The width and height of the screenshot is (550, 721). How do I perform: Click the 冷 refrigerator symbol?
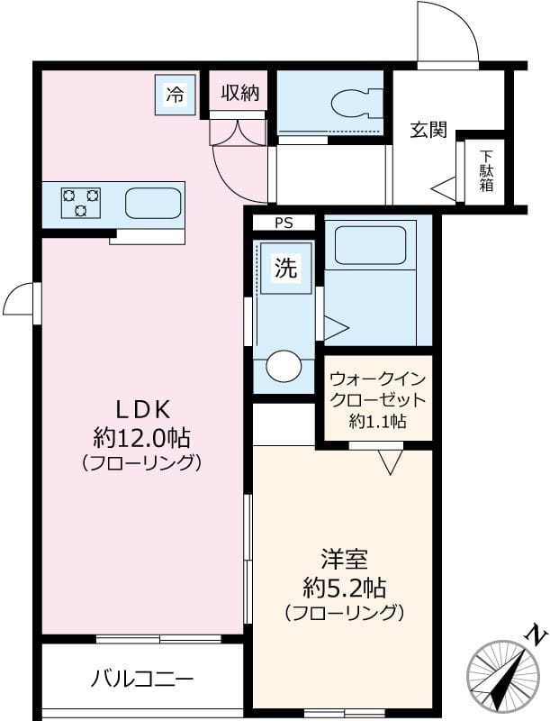(175, 93)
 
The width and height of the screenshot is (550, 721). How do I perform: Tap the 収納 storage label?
(240, 92)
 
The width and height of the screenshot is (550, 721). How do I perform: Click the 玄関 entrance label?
(429, 130)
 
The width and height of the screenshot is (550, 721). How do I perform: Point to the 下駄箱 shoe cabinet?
(486, 171)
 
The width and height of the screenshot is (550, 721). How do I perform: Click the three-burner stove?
(80, 203)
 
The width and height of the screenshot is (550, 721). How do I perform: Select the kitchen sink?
(153, 203)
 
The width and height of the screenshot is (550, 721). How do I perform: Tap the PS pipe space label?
(283, 223)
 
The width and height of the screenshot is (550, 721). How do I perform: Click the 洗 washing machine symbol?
(285, 268)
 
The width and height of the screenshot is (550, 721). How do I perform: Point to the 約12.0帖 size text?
(141, 438)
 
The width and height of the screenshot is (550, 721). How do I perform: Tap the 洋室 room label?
(343, 559)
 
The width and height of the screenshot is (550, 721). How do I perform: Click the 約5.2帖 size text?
(343, 589)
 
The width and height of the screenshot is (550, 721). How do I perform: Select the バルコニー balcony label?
(141, 679)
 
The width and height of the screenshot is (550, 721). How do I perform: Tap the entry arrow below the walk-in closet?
(389, 463)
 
